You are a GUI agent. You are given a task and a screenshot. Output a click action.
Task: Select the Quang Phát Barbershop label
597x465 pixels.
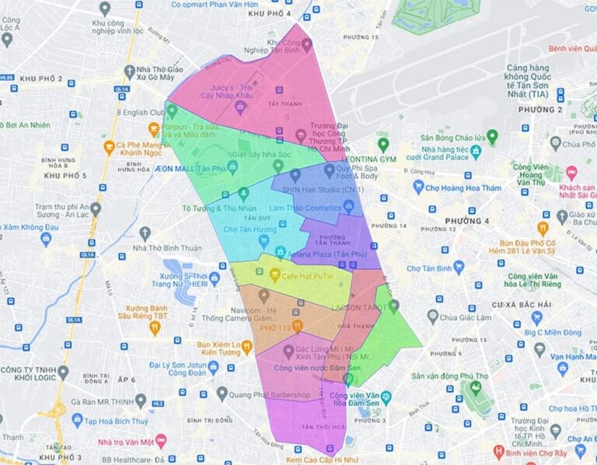272,394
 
